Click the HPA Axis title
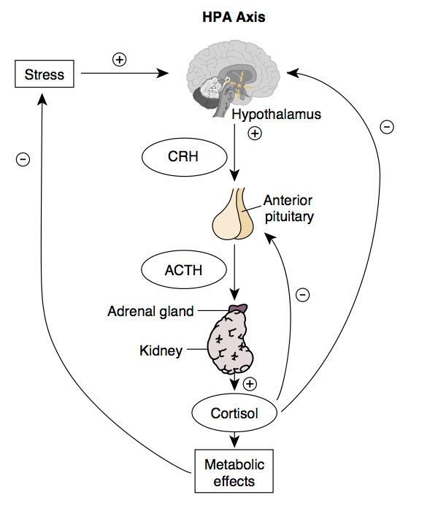pos(234,15)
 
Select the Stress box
pos(45,74)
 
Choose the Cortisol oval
pos(235,414)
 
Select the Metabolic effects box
pos(235,472)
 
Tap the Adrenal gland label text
pos(151,312)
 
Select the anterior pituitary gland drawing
pos(234,215)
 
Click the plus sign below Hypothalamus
pos(255,134)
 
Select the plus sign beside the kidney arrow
pos(250,384)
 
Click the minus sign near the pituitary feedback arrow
pos(303,295)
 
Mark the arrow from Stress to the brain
pos(124,74)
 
